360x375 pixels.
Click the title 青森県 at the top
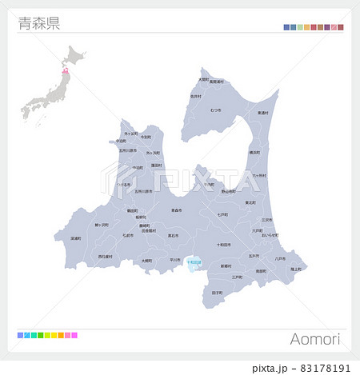click(38, 23)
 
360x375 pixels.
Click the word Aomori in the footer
click(315, 340)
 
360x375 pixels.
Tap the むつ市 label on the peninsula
click(216, 110)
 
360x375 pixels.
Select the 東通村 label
click(263, 113)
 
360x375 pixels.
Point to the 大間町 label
click(203, 79)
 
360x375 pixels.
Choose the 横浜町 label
click(254, 151)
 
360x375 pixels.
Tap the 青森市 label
click(176, 210)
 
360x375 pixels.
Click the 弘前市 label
click(128, 236)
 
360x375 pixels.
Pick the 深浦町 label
click(76, 237)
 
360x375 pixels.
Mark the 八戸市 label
click(279, 258)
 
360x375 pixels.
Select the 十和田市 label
click(224, 245)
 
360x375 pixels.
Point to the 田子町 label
click(218, 293)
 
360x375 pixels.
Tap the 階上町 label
click(296, 269)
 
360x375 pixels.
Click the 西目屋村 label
click(106, 257)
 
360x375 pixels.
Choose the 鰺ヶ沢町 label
click(102, 225)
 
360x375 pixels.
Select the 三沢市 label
click(266, 219)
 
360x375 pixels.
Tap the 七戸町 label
click(222, 215)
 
